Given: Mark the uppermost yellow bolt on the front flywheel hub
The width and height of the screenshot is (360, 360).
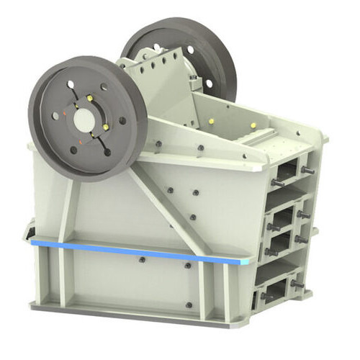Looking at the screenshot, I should [x=89, y=98].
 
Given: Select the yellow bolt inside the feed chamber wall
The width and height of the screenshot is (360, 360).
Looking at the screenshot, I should [x=212, y=121].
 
